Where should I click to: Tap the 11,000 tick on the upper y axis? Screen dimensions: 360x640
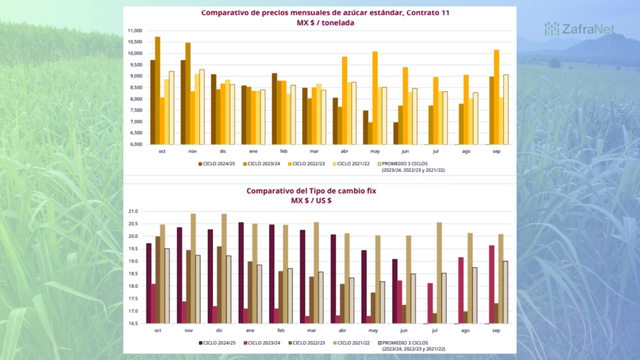[x=134, y=31]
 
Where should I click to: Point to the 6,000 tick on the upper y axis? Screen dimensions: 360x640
[x=134, y=144]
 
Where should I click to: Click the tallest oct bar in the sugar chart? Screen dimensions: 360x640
[x=157, y=91]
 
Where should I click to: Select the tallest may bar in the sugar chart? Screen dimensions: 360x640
[x=375, y=97]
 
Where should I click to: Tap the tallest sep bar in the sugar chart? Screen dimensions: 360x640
[x=496, y=97]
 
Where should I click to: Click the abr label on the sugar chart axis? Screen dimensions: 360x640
[x=344, y=151]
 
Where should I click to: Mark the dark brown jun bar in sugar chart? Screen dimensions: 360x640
[x=396, y=133]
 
